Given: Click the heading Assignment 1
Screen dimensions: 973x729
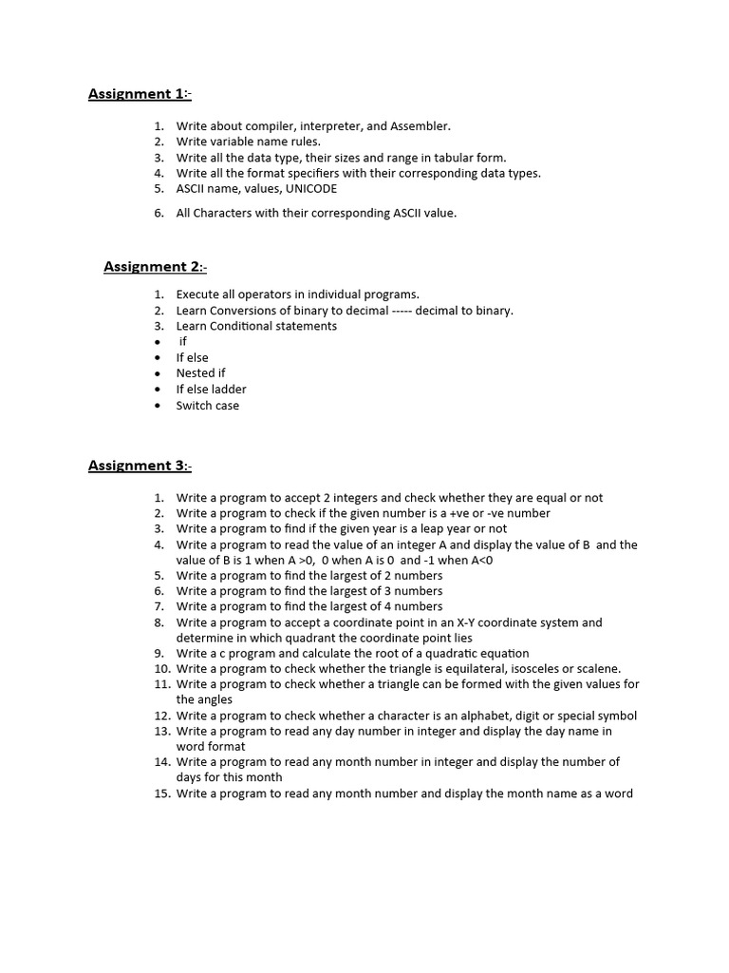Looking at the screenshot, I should pyautogui.click(x=139, y=93).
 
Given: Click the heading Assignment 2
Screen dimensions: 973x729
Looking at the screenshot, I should pyautogui.click(x=154, y=267).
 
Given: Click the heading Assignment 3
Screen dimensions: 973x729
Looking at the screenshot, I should pyautogui.click(x=139, y=466).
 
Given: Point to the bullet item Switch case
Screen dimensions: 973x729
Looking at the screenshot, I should pyautogui.click(x=207, y=406).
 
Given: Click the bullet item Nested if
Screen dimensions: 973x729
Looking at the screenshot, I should pyautogui.click(x=200, y=373).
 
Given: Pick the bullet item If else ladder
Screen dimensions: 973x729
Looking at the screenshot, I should pyautogui.click(x=211, y=390).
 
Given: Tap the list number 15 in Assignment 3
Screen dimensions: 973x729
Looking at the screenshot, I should pyautogui.click(x=159, y=794).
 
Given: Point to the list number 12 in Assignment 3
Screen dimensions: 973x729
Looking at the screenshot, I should pyautogui.click(x=159, y=716).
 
